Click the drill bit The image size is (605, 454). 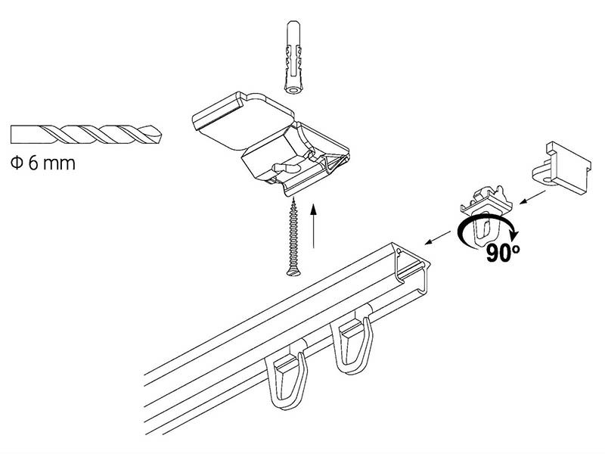coord(86,135)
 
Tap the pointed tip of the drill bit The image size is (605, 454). coord(162,135)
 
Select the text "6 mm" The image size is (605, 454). coord(51,163)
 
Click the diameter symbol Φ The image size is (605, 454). coord(17,163)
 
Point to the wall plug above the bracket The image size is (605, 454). coord(294,58)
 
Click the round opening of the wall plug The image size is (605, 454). coord(294,90)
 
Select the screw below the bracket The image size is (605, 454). coord(293,237)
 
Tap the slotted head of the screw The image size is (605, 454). coord(294,273)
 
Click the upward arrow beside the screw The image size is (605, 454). coord(314,226)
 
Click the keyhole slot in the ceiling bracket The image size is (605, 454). coord(287,167)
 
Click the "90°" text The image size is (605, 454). coord(503,253)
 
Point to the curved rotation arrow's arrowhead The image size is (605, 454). coord(514,234)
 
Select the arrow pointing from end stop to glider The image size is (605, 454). coord(532,197)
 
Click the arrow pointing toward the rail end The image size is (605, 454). coord(438,238)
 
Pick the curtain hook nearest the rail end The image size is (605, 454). coord(353,340)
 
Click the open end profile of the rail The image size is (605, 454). coord(411,266)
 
